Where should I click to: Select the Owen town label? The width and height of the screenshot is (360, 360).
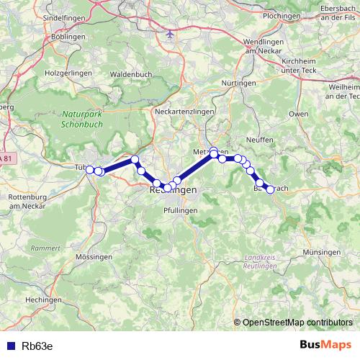(297, 114)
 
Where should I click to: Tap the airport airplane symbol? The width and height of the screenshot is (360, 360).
(171, 33)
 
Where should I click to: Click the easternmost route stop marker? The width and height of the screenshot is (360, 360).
(270, 189)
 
